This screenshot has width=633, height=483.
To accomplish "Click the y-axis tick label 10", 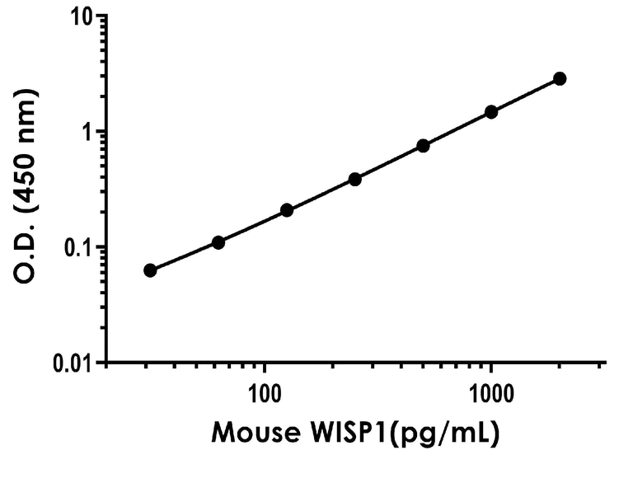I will (80, 17).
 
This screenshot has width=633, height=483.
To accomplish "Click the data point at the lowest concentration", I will (150, 270).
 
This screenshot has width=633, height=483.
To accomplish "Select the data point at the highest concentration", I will (560, 78).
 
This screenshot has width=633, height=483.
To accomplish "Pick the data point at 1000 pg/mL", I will (491, 112).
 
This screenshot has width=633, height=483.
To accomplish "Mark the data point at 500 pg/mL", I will (423, 146).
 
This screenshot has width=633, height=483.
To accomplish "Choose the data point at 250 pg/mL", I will (355, 179).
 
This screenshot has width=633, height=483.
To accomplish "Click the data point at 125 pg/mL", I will (287, 210).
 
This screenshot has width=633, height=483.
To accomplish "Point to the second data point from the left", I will (218, 242).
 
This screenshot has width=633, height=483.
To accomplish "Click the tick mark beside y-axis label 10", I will (100, 16).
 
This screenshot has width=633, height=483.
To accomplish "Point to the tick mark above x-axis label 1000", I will (491, 368).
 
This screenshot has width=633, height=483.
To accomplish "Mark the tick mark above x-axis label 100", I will (265, 368).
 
